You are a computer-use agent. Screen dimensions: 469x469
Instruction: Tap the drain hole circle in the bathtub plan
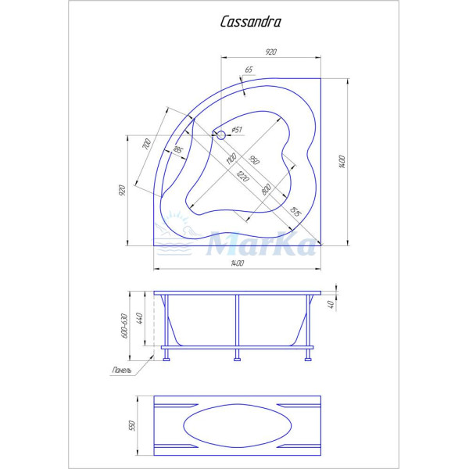[220, 136]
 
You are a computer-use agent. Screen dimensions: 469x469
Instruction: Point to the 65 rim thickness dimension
[249, 70]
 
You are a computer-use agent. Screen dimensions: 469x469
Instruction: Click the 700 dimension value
[145, 146]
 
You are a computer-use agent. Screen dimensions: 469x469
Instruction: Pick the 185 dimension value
[178, 150]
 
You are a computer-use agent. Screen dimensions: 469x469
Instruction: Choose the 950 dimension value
[254, 162]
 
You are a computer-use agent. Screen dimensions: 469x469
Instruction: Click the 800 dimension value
[267, 188]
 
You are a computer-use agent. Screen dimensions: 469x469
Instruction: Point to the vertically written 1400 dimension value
[342, 162]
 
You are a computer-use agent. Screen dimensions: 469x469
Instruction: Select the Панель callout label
[121, 371]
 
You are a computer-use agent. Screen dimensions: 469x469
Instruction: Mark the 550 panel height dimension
[133, 424]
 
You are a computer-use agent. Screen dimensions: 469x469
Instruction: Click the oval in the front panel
[238, 424]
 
